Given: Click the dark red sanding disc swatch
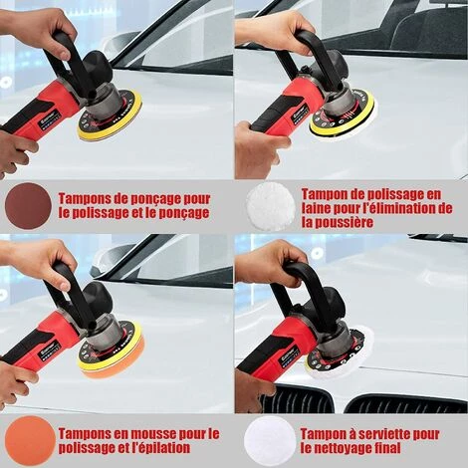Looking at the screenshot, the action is pos(29,206).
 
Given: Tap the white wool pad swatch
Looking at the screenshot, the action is pos(271,208).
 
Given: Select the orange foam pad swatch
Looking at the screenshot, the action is pos(30,440).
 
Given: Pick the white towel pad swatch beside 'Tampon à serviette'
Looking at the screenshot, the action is pos(270,440).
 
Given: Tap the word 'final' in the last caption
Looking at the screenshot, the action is pos(390,448).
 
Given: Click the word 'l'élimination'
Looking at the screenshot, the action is pos(399,209).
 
